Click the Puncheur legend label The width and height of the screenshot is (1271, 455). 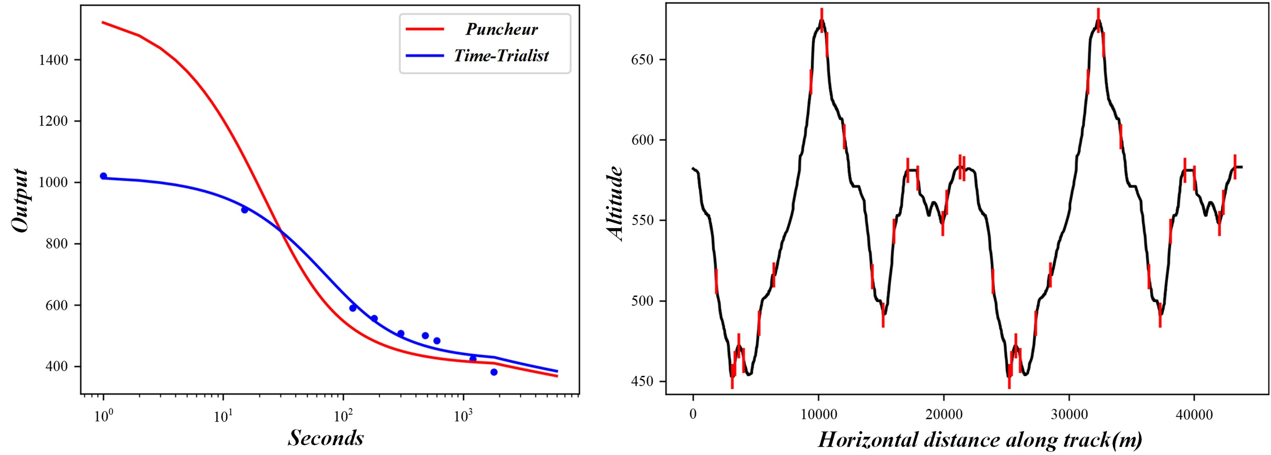pyautogui.click(x=501, y=29)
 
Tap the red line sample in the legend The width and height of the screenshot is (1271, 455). pyautogui.click(x=425, y=29)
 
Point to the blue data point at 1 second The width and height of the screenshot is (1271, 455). pyautogui.click(x=103, y=176)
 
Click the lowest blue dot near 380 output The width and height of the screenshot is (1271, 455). pyautogui.click(x=494, y=372)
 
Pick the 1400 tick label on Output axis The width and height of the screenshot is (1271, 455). pyautogui.click(x=53, y=61)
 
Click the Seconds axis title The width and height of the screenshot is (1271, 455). pyautogui.click(x=326, y=438)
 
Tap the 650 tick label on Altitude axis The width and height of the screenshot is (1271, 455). pyautogui.click(x=642, y=60)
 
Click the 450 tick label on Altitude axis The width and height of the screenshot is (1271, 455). pyautogui.click(x=642, y=381)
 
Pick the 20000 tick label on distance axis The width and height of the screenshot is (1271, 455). pyautogui.click(x=944, y=415)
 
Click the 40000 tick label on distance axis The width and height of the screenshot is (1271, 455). pyautogui.click(x=1193, y=415)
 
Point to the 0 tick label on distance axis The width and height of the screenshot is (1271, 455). pyautogui.click(x=693, y=415)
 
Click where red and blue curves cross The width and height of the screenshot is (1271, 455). pyautogui.click(x=281, y=231)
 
